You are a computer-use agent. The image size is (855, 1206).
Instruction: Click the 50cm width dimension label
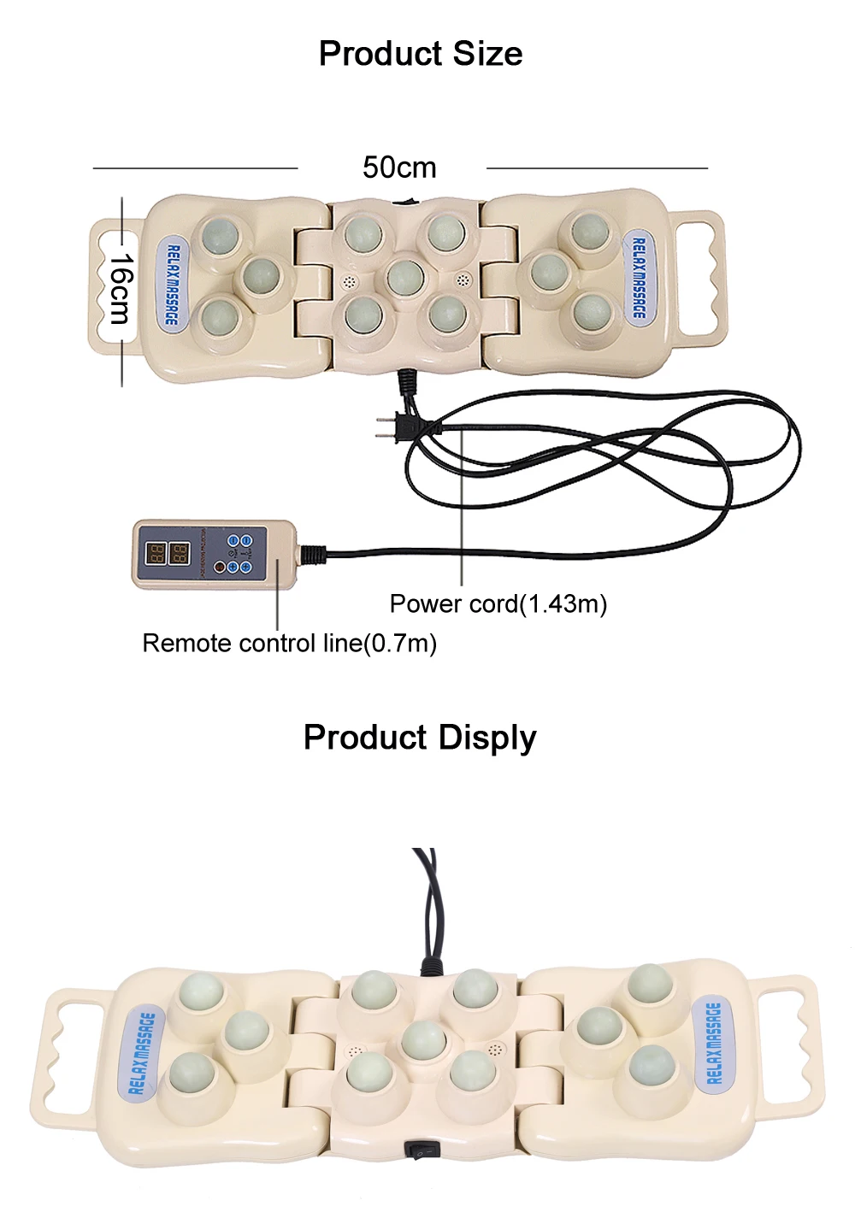pos(399,168)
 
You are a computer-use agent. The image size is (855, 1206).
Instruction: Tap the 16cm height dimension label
pos(121,289)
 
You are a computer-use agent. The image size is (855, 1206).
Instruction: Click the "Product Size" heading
pos(420,54)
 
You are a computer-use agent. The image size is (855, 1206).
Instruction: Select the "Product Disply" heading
pos(420,738)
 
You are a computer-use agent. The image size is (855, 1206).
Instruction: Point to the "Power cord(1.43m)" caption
pos(498,604)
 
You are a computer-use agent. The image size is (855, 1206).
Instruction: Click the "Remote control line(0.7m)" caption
pos(289,644)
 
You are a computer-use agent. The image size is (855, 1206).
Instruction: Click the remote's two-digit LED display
pos(168,554)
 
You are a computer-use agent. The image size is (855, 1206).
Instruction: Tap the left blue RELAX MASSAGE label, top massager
pos(172,285)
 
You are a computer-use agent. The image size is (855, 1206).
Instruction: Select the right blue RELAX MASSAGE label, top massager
pos(638,279)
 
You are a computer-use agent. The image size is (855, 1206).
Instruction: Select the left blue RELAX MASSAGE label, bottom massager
pos(141,1053)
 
